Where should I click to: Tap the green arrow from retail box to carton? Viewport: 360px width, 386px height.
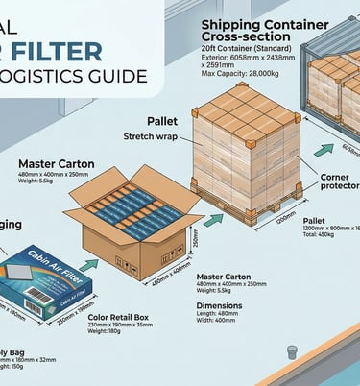coord(90,263)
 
